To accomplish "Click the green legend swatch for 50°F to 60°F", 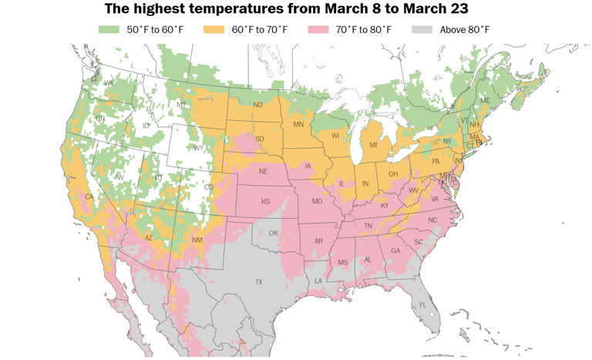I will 108,30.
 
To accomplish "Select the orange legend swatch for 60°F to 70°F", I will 215,30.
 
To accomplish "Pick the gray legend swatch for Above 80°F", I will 422,30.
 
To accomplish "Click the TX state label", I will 259,282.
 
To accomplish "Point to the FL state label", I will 422,305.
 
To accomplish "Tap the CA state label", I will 89,197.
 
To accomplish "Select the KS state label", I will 265,202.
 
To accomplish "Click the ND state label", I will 257,105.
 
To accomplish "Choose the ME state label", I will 485,101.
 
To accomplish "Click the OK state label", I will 272,233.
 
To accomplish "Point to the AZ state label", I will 149,238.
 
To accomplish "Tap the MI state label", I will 373,144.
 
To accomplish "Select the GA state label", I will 395,251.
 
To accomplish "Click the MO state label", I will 316,201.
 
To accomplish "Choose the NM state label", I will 197,241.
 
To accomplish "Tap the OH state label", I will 392,173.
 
